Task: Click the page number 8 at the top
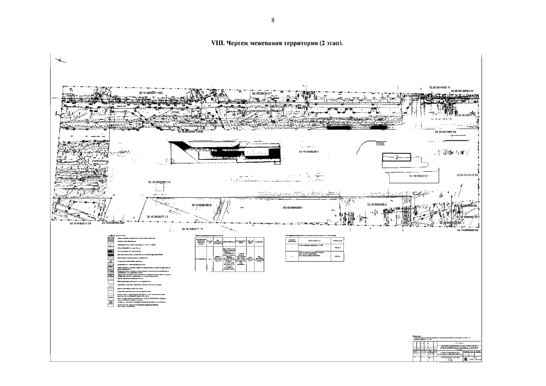point(273,21)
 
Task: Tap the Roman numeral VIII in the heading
point(216,44)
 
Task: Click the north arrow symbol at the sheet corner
point(60,59)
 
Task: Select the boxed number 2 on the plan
point(397,157)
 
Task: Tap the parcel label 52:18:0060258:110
point(160,181)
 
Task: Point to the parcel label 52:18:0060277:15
point(202,230)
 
